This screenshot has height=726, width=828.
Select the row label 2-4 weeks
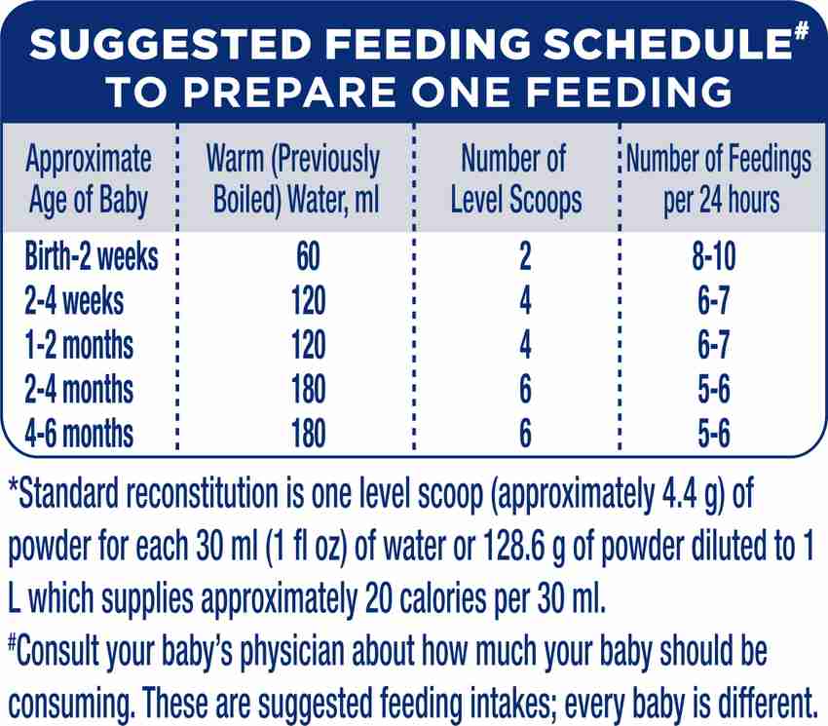75,302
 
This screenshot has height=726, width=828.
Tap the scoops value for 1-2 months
525,346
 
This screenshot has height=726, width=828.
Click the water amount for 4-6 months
307,434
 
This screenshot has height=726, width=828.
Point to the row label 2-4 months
80,390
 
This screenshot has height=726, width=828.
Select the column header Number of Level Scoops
515,178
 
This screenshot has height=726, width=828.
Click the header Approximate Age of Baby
89,178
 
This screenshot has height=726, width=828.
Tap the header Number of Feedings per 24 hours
720,178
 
